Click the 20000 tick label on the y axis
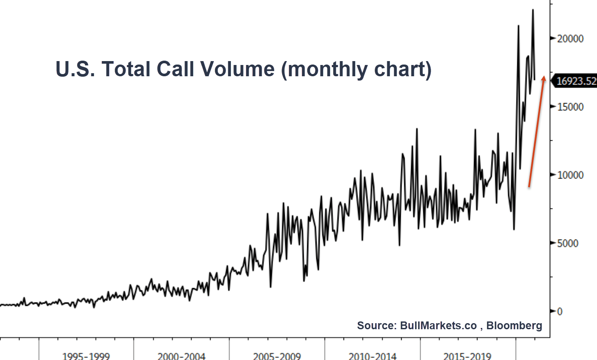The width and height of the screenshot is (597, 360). pos(570,39)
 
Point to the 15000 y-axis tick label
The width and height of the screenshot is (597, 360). pos(570,107)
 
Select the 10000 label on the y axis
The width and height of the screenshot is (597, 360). pos(570,175)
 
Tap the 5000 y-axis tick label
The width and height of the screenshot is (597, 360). pos(568,243)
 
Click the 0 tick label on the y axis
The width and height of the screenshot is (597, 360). pos(559,311)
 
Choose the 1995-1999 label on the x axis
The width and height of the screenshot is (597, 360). pos(86,356)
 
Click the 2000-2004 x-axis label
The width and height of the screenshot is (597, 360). pos(182,356)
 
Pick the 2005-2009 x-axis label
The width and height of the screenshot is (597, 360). pos(277,356)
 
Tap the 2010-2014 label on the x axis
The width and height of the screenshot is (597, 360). pos(372,356)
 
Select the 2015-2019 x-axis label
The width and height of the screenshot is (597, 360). pos(467,356)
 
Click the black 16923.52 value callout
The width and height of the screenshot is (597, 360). pos(575,81)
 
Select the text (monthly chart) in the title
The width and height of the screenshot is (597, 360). pos(356,69)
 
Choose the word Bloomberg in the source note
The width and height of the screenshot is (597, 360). pos(514,326)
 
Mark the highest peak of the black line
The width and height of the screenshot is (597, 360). pos(533,10)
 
